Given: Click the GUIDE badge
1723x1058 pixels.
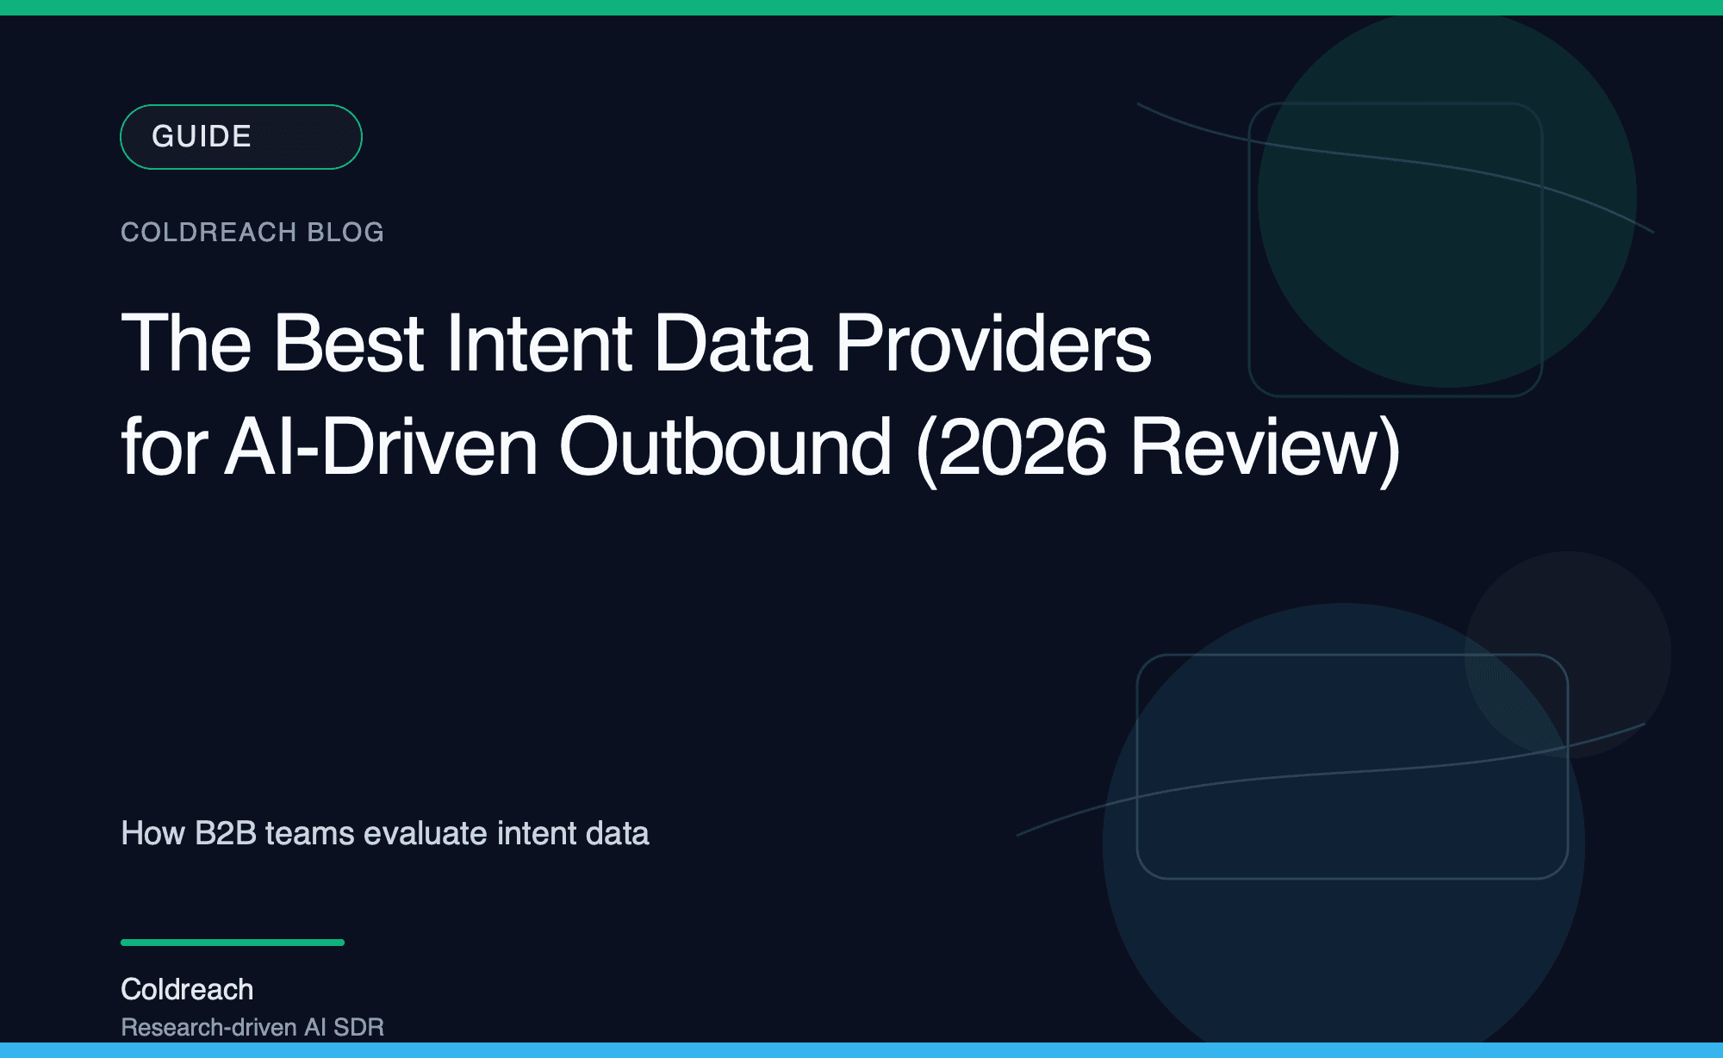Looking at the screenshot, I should [x=240, y=137].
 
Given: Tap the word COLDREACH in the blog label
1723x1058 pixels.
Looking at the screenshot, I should [x=208, y=232].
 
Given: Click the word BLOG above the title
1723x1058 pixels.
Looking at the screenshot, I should [x=345, y=232].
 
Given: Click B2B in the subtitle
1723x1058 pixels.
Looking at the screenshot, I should [x=226, y=833].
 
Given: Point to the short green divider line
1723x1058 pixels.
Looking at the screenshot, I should [x=233, y=943].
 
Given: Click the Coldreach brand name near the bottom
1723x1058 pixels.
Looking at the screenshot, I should [x=187, y=989].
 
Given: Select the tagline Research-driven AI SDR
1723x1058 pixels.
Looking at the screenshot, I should [x=252, y=1027].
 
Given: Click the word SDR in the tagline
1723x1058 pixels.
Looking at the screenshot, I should [x=358, y=1027].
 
